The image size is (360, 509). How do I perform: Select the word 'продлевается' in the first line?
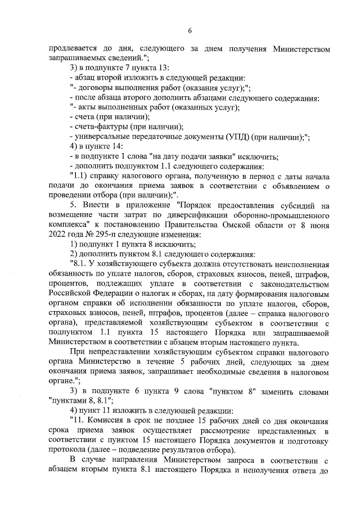73,48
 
